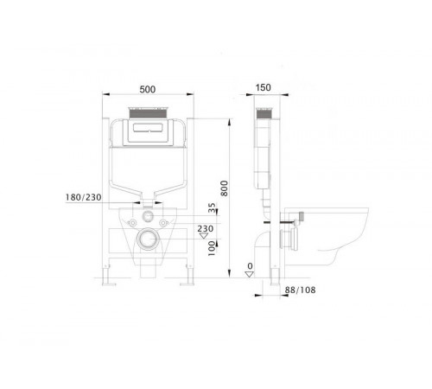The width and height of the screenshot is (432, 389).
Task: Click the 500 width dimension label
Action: [148, 89]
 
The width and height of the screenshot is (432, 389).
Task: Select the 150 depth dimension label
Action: [263, 87]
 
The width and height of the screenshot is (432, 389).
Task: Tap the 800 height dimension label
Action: [224, 188]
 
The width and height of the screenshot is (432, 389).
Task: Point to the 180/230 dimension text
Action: [84, 197]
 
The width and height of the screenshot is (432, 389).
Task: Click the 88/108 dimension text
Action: [300, 290]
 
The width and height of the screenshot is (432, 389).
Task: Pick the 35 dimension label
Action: [212, 207]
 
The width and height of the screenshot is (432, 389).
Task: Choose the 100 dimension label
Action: [212, 248]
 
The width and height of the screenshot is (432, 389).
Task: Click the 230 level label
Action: [206, 229]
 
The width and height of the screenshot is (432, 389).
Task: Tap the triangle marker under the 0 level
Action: [250, 274]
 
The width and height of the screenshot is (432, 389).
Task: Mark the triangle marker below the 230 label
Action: [204, 236]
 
